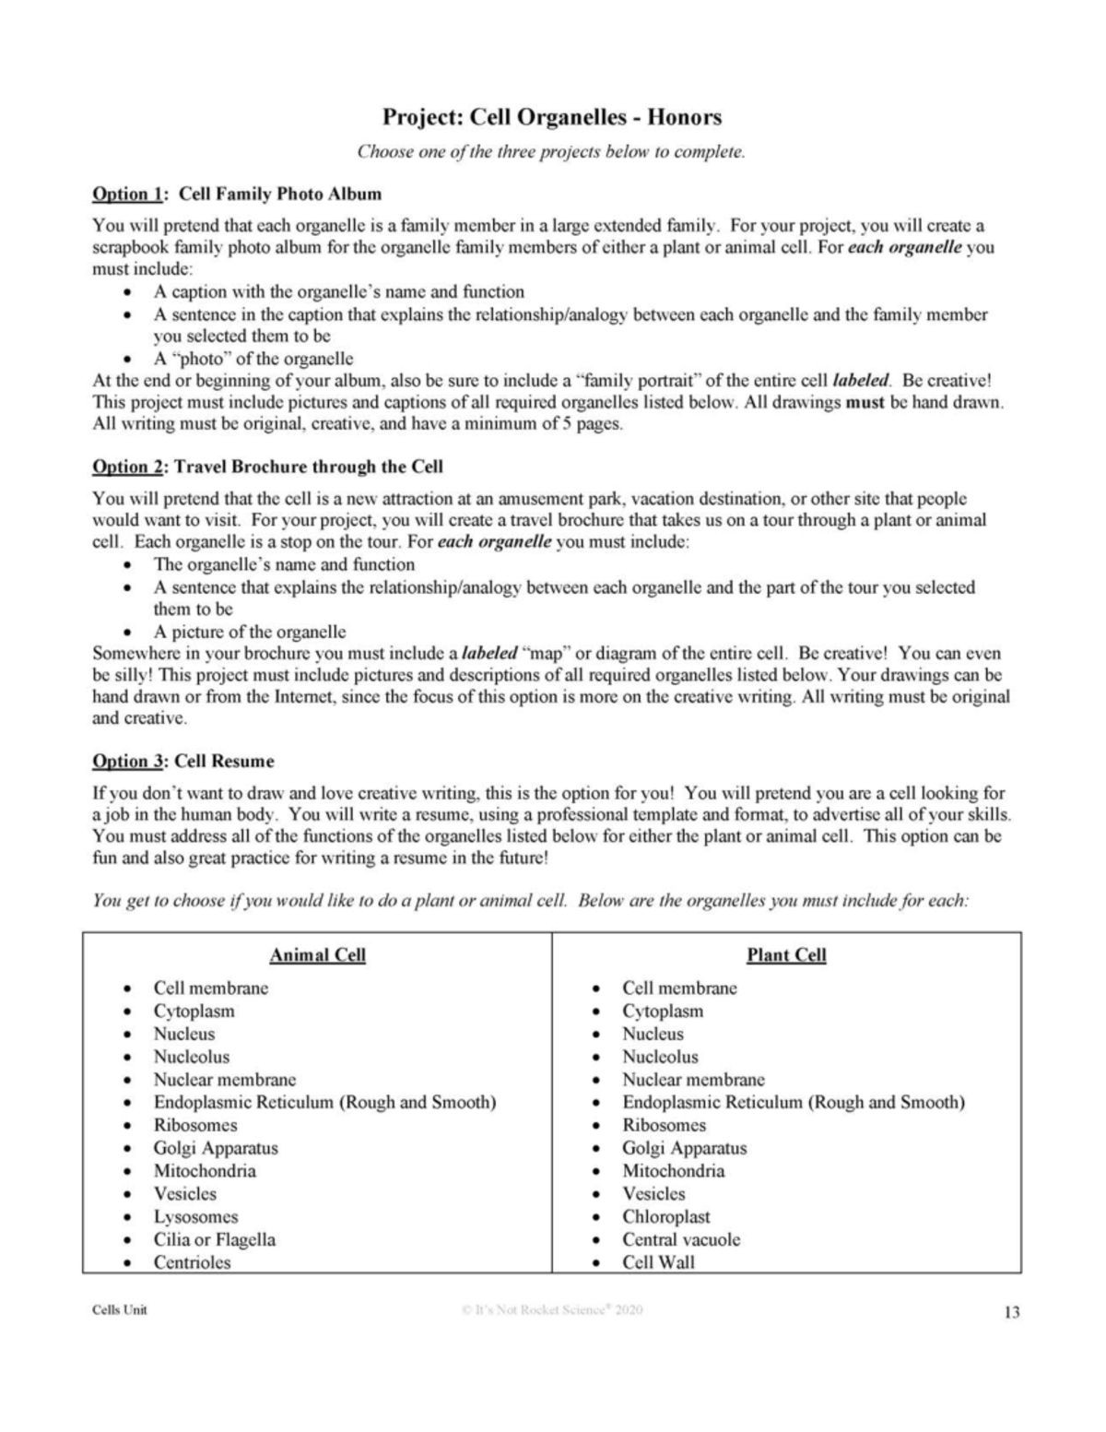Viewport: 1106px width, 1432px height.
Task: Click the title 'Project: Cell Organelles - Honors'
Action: click(x=552, y=117)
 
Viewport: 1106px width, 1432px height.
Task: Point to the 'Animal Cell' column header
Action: click(x=317, y=954)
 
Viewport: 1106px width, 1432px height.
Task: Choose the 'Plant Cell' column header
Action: click(x=786, y=954)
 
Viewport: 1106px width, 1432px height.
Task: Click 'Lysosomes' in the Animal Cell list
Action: click(x=195, y=1216)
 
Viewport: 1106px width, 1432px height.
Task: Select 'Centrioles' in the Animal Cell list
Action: click(x=192, y=1262)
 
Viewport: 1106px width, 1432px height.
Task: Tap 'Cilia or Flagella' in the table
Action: click(x=214, y=1239)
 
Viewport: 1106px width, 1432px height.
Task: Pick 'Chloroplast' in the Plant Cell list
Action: click(x=665, y=1216)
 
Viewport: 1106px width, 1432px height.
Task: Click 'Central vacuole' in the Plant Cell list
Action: click(x=681, y=1239)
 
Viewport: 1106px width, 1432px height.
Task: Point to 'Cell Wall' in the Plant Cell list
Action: click(x=658, y=1262)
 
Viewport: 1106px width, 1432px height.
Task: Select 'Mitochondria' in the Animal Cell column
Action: click(x=205, y=1171)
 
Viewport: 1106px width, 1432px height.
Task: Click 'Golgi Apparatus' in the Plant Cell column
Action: click(x=684, y=1148)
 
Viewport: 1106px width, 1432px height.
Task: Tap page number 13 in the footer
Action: click(x=1011, y=1312)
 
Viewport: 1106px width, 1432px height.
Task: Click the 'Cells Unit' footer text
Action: click(x=119, y=1310)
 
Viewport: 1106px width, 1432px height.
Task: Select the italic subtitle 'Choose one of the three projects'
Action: click(x=551, y=152)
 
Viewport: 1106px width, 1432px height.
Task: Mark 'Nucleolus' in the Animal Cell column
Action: click(x=191, y=1057)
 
